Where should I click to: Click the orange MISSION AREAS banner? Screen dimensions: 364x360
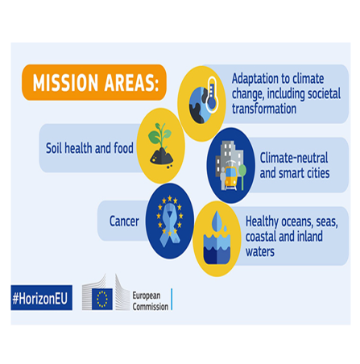[x=94, y=83]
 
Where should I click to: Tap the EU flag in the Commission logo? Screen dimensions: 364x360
[x=101, y=299]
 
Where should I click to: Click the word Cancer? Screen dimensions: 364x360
[x=125, y=220]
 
